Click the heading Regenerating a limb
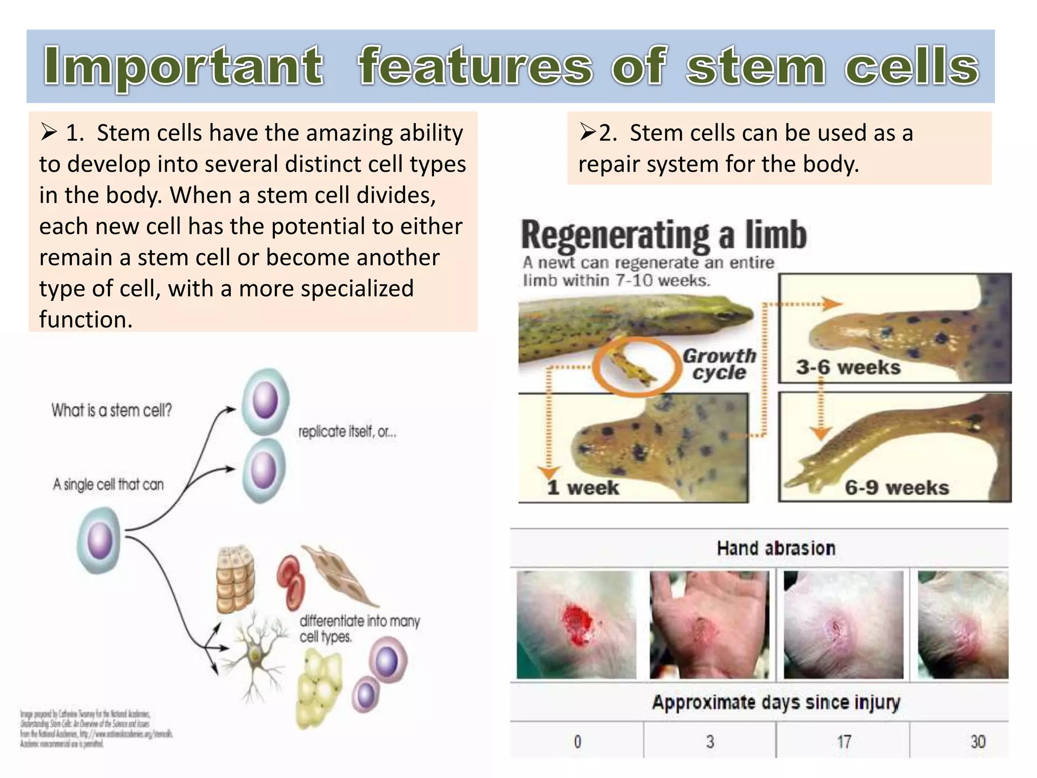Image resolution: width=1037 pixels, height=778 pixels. tap(663, 236)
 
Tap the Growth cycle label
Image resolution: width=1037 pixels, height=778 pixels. tap(719, 364)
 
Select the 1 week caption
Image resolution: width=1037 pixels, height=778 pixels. tap(583, 487)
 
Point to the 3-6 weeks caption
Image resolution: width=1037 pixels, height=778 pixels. tap(848, 367)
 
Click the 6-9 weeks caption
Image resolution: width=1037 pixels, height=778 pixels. tap(897, 487)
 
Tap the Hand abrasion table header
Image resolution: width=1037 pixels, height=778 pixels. tap(776, 548)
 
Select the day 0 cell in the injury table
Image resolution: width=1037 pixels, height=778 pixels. tap(577, 742)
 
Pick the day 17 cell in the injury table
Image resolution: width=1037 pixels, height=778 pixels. tap(844, 742)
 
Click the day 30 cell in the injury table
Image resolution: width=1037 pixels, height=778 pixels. tap(977, 742)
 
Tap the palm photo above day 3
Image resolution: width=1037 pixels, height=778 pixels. tap(709, 624)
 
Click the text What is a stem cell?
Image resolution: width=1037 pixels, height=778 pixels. tap(111, 410)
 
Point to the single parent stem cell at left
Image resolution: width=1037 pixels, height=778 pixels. tap(99, 540)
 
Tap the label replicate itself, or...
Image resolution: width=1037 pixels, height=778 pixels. tap(347, 432)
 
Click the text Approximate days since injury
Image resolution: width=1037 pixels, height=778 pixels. tap(776, 702)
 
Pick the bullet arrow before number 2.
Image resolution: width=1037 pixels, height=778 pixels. tap(588, 133)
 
